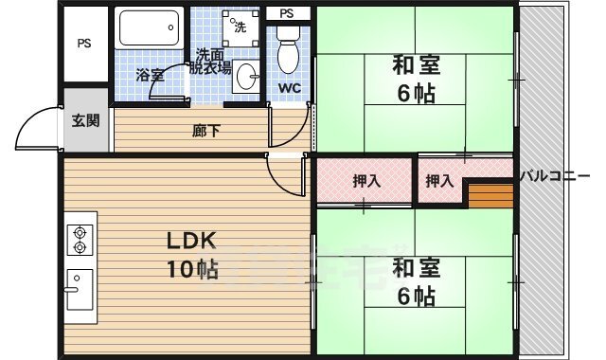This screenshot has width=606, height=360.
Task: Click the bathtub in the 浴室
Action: coord(150,28)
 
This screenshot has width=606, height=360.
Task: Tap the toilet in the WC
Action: coord(288,52)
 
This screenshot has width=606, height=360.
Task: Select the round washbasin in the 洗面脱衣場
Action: coord(247,77)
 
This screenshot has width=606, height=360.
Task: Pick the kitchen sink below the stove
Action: coord(80,286)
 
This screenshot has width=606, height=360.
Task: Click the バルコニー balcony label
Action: coord(561,175)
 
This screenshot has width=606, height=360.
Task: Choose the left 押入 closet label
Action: coord(365,181)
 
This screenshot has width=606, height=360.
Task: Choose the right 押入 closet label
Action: coord(438,181)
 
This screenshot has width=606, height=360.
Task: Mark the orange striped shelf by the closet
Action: coord(490,196)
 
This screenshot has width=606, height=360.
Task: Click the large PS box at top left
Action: coord(84,44)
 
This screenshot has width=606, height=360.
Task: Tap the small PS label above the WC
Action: coord(288,12)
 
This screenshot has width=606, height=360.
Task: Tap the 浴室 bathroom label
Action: coord(150,75)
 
